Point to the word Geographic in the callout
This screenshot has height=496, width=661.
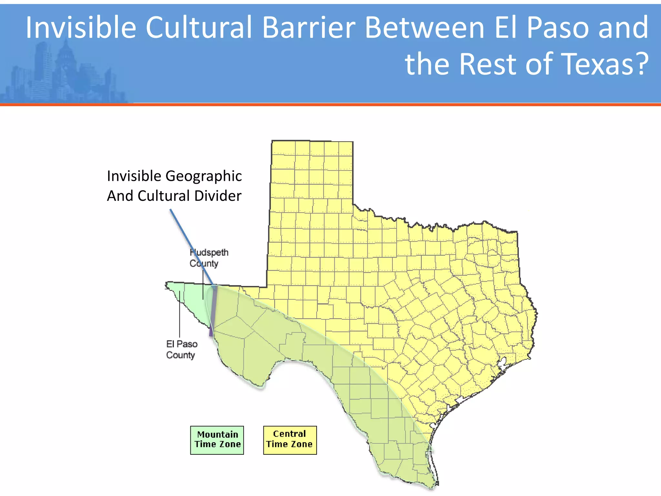click(x=203, y=176)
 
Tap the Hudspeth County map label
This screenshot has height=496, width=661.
click(x=208, y=258)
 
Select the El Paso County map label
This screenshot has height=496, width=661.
click(x=181, y=349)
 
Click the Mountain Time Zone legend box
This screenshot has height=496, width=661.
click(x=217, y=440)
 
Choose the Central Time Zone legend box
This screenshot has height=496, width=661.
click(x=290, y=440)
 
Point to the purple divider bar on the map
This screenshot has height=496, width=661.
click(x=213, y=310)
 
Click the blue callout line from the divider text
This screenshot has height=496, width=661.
click(x=190, y=245)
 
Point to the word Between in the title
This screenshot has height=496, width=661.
click(x=424, y=28)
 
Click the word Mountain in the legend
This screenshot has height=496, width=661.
click(x=218, y=435)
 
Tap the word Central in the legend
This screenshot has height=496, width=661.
click(x=290, y=434)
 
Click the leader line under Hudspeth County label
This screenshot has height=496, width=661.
click(x=203, y=284)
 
